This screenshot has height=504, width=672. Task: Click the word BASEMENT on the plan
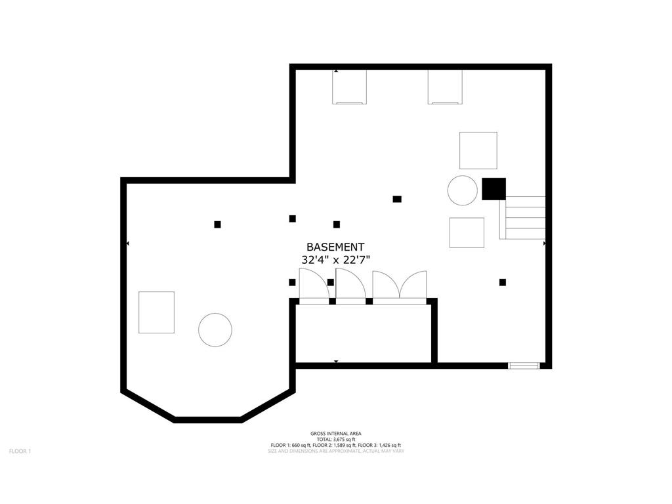pos(335,247)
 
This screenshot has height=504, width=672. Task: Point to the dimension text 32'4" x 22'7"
pos(335,260)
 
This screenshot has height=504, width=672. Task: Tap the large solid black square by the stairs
pos(493,189)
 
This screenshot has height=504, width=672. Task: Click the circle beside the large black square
pos(463,190)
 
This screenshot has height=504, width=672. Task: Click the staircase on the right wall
pos(522,218)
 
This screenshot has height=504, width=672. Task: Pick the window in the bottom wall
pos(524,366)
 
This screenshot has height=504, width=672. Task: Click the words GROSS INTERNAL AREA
pos(335,434)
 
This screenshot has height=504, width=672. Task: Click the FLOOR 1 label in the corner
pos(20,451)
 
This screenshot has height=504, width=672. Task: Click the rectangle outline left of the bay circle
pos(156,312)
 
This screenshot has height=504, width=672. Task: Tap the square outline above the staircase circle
pos(478,150)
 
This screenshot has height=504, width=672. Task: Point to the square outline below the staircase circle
pos(467,233)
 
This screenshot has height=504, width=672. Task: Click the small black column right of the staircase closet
pos(502,282)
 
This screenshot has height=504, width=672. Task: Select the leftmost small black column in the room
pos(217,224)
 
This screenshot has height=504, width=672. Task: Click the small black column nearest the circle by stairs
pos(397,199)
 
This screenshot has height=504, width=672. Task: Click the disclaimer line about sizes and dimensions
pos(336,451)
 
